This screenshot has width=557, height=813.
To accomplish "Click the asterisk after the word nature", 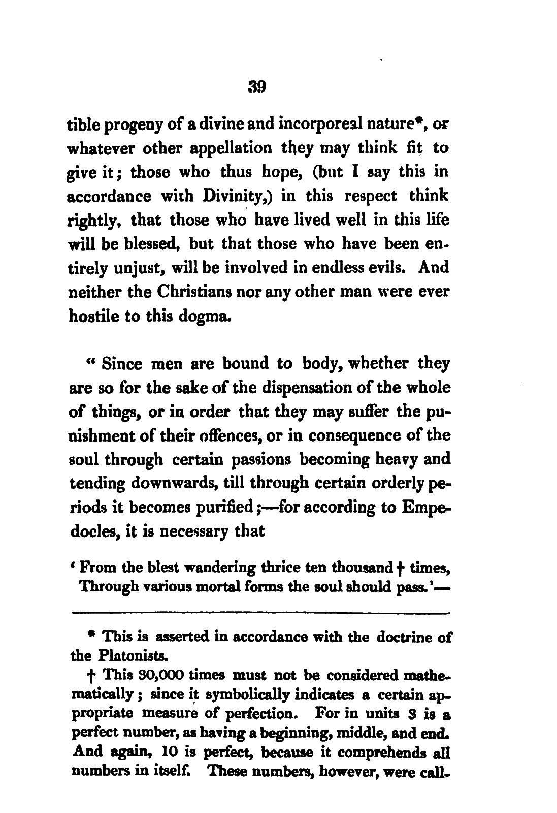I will (x=421, y=121).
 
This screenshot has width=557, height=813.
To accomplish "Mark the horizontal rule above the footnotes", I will (x=260, y=614).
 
